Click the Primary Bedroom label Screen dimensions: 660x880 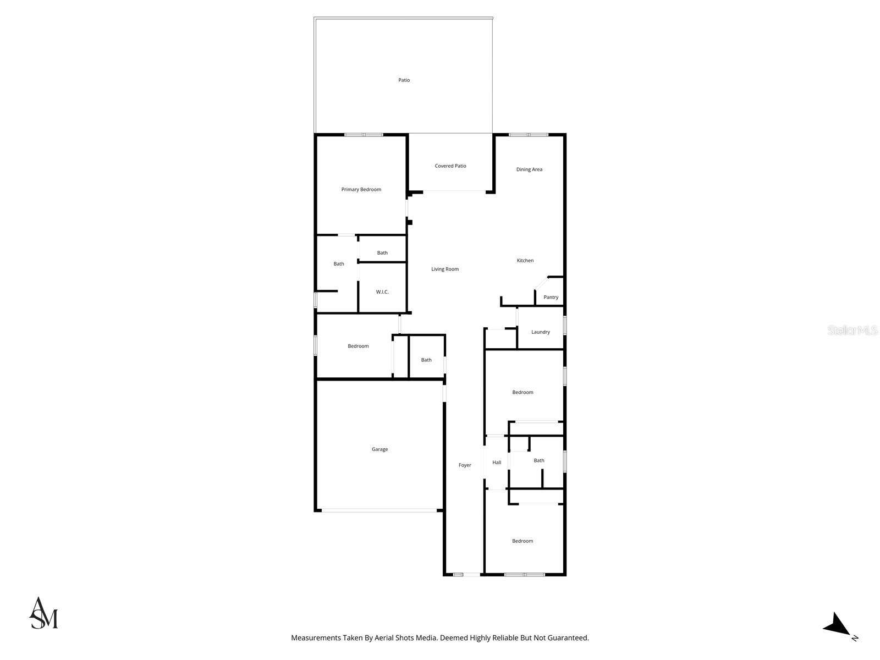click(361, 190)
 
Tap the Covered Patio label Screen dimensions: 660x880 click(450, 166)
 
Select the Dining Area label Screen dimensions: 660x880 click(529, 169)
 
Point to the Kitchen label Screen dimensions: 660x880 click(525, 261)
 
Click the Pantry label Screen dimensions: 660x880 click(551, 298)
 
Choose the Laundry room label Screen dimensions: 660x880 click(541, 332)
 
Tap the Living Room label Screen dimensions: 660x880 click(445, 269)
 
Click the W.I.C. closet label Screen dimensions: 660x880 click(382, 292)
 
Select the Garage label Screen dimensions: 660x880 click(380, 449)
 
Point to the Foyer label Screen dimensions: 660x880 click(465, 465)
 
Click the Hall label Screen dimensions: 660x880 click(497, 463)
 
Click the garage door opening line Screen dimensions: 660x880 click(379, 511)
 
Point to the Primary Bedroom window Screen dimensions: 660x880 click(364, 135)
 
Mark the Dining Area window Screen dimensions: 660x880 click(528, 135)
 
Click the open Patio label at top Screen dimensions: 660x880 click(404, 80)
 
